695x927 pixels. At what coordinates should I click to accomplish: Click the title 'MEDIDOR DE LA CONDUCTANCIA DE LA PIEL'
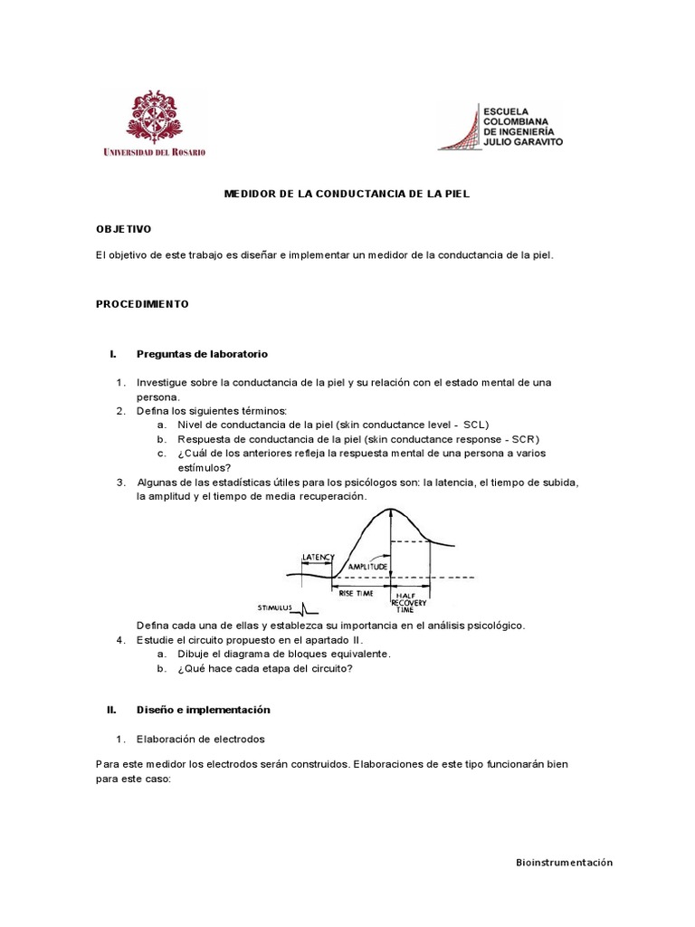347,194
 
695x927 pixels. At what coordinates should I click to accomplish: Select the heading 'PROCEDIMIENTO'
142,304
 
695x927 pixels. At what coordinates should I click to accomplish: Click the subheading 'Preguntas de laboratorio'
202,353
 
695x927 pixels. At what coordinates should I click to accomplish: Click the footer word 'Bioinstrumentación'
558,863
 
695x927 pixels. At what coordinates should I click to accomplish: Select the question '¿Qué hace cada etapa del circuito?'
265,669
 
